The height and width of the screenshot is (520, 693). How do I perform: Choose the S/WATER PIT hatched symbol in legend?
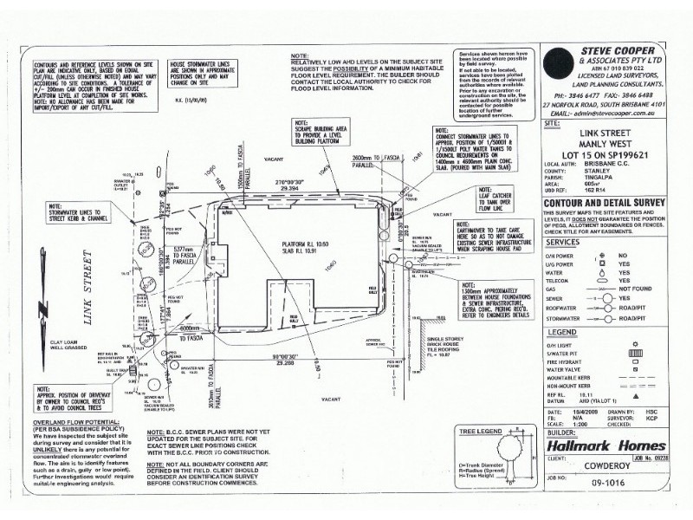click(635, 354)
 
